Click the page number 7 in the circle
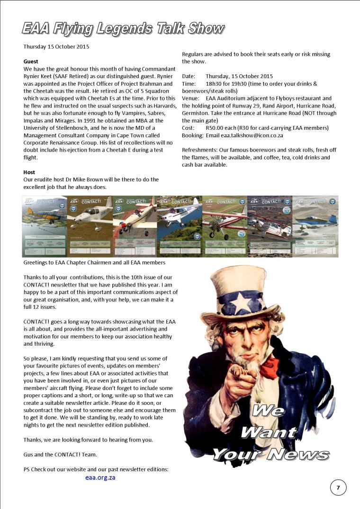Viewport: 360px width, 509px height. coord(338,487)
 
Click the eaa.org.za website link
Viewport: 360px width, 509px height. coord(100,478)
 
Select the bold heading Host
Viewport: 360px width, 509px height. coord(29,172)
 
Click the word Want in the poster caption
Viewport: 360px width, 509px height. coord(268,432)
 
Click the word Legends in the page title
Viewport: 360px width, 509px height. coord(126,29)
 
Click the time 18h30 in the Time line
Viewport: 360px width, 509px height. coord(215,83)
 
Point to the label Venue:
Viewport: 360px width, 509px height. coord(190,98)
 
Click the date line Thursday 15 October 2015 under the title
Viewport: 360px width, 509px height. coord(56,47)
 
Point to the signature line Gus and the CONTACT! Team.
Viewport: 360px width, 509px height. coord(60,455)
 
